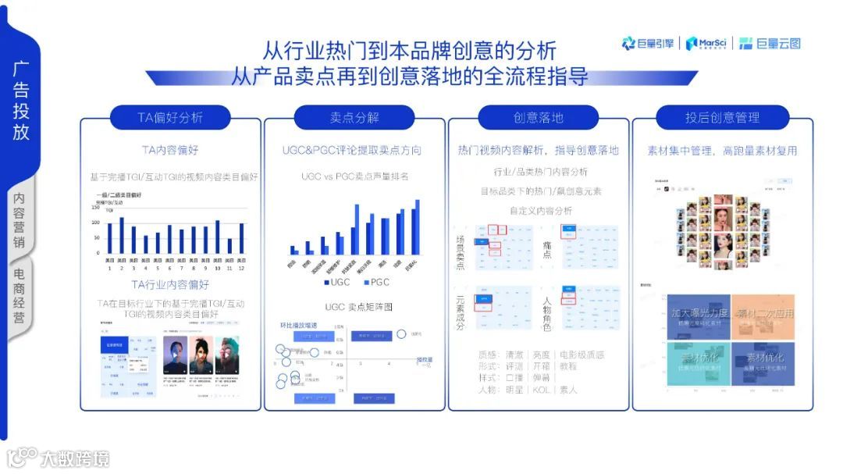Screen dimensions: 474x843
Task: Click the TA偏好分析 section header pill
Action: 169,117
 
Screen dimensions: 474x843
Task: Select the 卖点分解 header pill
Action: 354,117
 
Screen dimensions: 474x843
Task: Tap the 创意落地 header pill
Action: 538,117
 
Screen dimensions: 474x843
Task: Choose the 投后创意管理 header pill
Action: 722,117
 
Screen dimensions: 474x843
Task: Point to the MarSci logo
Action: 709,44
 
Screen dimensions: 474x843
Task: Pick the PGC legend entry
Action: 375,282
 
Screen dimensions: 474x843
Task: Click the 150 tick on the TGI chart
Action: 96,208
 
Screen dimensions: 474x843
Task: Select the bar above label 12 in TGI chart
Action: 241,238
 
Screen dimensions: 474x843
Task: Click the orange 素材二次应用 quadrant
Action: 763,315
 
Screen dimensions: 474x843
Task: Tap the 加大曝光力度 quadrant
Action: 696,315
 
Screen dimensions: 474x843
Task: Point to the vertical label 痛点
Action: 547,250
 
